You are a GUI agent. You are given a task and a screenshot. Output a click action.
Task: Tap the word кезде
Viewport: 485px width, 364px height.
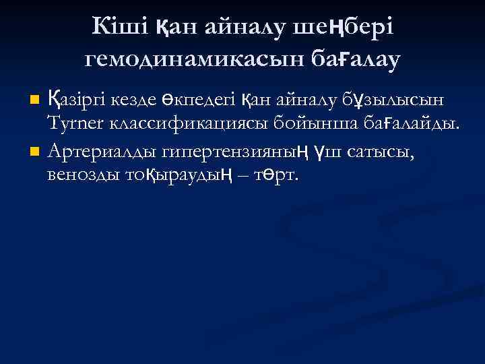(139, 100)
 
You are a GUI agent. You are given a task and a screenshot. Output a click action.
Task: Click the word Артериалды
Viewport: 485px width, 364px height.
(98, 149)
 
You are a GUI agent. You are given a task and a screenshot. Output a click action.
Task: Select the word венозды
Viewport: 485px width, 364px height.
(80, 174)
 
